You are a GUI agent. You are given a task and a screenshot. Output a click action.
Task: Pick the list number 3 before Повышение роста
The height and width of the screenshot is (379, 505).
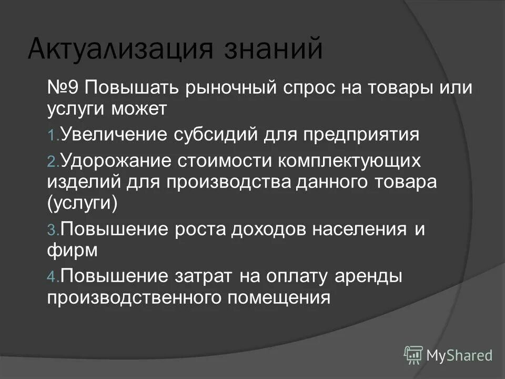pos(52,231)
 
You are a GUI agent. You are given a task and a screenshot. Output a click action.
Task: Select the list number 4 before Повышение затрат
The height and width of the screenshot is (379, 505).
pos(52,276)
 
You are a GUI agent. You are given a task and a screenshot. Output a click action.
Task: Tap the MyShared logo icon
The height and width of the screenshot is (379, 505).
pos(413,355)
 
